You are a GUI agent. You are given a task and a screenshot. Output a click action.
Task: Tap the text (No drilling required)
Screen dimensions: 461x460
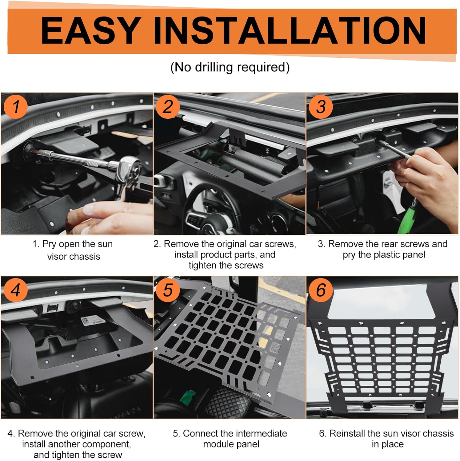[x=230, y=67]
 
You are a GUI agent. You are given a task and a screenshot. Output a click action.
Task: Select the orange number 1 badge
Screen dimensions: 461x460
[x=16, y=107]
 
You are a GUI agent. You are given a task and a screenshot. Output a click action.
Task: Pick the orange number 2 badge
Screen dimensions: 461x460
[x=168, y=107]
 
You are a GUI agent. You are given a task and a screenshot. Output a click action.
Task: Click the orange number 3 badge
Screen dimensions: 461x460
[x=321, y=107]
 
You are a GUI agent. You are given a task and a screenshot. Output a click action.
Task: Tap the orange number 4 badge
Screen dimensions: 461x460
[x=16, y=290]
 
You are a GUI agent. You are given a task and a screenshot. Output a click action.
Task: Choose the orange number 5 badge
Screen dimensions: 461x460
[x=168, y=290]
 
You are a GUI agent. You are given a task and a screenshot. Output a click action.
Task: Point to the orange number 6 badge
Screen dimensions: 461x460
[x=321, y=290]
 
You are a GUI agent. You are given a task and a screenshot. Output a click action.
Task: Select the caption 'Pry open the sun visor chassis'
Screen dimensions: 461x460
[x=73, y=250]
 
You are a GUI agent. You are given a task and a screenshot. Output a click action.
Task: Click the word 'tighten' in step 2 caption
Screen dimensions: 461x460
[x=203, y=265]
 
